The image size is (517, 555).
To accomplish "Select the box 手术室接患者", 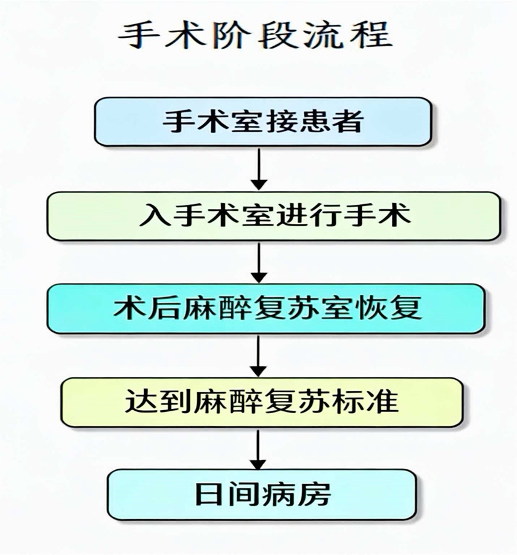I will [x=262, y=121].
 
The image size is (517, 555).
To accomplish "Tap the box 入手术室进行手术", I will [x=274, y=216].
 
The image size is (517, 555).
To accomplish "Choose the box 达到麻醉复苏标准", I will [x=262, y=402].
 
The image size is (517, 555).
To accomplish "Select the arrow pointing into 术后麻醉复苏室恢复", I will [x=259, y=261].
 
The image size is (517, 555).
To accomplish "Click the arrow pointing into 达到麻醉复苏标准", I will [x=259, y=355].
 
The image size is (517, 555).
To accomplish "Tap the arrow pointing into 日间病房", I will [x=259, y=449].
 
